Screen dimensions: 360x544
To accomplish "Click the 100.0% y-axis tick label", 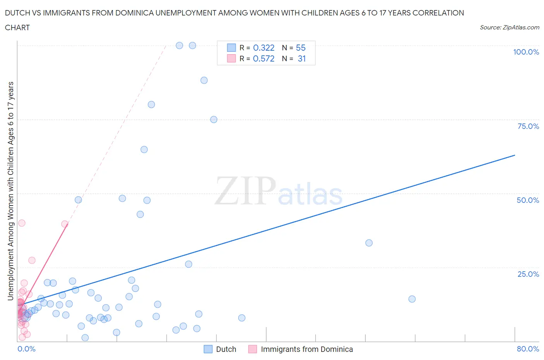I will coord(526,52).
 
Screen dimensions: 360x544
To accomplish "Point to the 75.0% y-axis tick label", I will coord(528,126).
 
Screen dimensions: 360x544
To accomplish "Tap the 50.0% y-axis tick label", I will coord(528,200).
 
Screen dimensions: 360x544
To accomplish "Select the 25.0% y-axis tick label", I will coord(528,274).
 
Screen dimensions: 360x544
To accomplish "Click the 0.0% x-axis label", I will coord(26,349).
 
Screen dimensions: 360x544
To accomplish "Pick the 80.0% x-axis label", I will coord(528,349).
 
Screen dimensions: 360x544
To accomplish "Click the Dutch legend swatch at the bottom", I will coord(208,349).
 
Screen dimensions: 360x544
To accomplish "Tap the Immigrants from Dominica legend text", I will coord(307,349).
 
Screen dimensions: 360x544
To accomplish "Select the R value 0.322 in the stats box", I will coord(263,48).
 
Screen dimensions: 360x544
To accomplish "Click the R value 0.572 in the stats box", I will coord(263,58).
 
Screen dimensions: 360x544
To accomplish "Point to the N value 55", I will coord(301,48).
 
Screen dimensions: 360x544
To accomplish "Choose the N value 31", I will coord(301,58).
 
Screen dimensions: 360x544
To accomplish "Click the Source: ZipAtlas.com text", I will coord(509,27).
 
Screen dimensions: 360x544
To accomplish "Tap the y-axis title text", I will coord(10,191).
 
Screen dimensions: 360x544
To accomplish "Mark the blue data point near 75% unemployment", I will coord(214,120).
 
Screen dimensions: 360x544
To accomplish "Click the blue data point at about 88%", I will coord(204,81).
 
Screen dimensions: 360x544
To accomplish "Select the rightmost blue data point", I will coord(412,299).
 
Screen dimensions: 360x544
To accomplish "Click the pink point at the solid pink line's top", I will coord(65,224).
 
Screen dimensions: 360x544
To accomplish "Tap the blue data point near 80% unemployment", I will coord(151,105).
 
